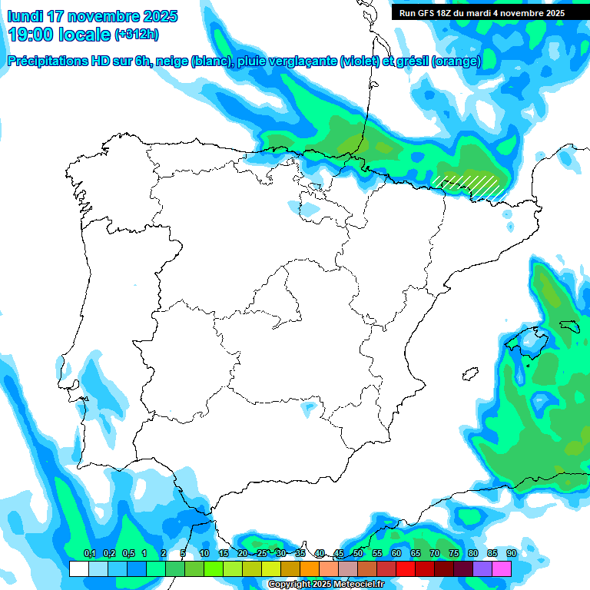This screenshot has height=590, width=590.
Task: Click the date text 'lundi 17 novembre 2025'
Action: click(92, 16)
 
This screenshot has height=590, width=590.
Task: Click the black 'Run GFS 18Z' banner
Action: click(482, 13)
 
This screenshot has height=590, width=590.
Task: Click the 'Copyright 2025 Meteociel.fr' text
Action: click(326, 585)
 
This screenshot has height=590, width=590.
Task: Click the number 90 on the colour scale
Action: click(511, 554)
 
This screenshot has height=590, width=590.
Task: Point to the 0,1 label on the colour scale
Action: click(90, 554)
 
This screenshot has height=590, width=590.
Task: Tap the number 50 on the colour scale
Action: click(358, 554)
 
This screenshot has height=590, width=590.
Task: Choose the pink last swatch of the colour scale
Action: click(502, 569)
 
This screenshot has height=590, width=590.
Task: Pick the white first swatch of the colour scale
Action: click(78, 569)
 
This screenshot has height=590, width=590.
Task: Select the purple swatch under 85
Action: click(482, 569)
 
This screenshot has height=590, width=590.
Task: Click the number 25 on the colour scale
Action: click(262, 554)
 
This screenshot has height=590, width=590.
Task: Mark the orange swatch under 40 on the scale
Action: click(310, 569)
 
